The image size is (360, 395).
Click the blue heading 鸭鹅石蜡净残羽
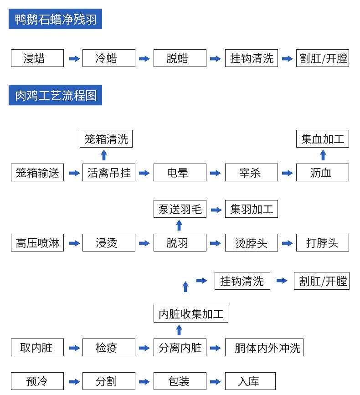point(55,20)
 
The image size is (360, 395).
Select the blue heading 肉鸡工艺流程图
point(55,95)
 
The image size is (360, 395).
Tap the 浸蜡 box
point(37,59)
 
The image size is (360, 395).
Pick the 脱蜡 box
point(180,59)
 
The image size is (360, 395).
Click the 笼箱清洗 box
point(106,139)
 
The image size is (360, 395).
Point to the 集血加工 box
point(322,139)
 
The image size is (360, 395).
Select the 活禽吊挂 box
point(108,173)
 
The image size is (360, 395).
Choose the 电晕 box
point(180,173)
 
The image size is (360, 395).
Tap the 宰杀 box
point(251,173)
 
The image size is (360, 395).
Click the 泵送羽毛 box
point(180,209)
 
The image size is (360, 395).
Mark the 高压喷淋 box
point(37,243)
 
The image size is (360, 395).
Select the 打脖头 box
point(322,243)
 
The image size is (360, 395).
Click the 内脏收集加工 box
point(190,314)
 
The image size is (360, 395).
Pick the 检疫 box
point(108,348)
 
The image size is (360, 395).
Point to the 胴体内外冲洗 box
point(264,348)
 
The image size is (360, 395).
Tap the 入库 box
point(250,381)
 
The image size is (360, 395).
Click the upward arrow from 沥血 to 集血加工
point(323,155)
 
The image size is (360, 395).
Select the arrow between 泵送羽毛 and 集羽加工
point(216,209)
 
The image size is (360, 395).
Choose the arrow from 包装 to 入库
point(216,382)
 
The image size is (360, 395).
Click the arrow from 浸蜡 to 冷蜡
point(74,59)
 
